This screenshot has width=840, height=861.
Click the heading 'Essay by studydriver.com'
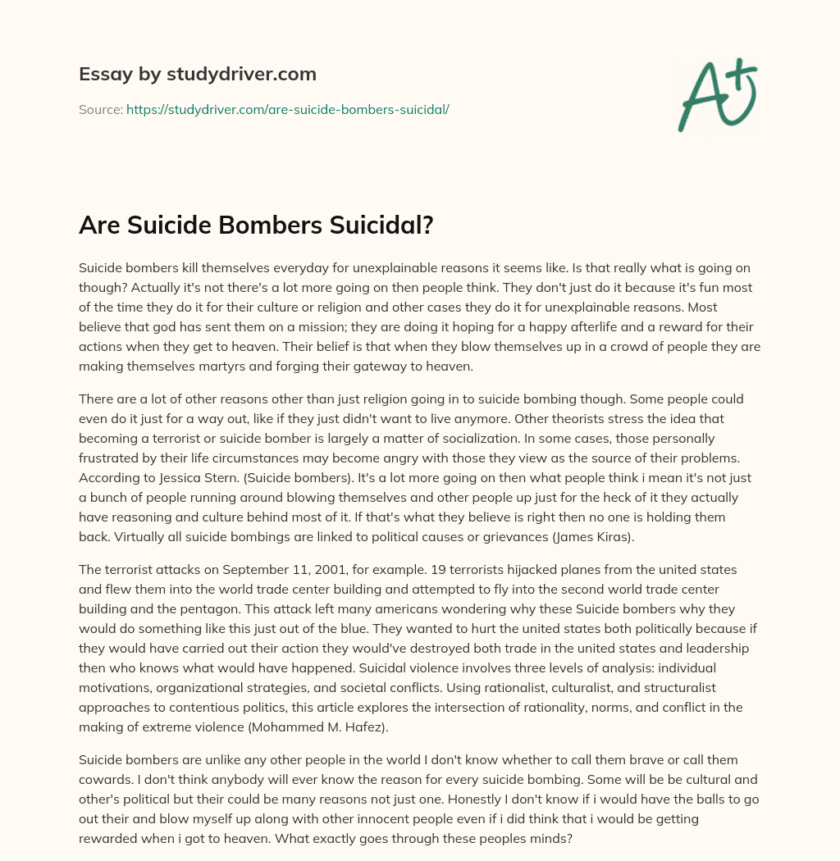pos(197,75)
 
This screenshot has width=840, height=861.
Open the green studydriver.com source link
pos(287,109)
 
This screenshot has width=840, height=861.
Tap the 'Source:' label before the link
pos(100,109)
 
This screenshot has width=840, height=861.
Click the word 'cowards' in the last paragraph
pos(110,779)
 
